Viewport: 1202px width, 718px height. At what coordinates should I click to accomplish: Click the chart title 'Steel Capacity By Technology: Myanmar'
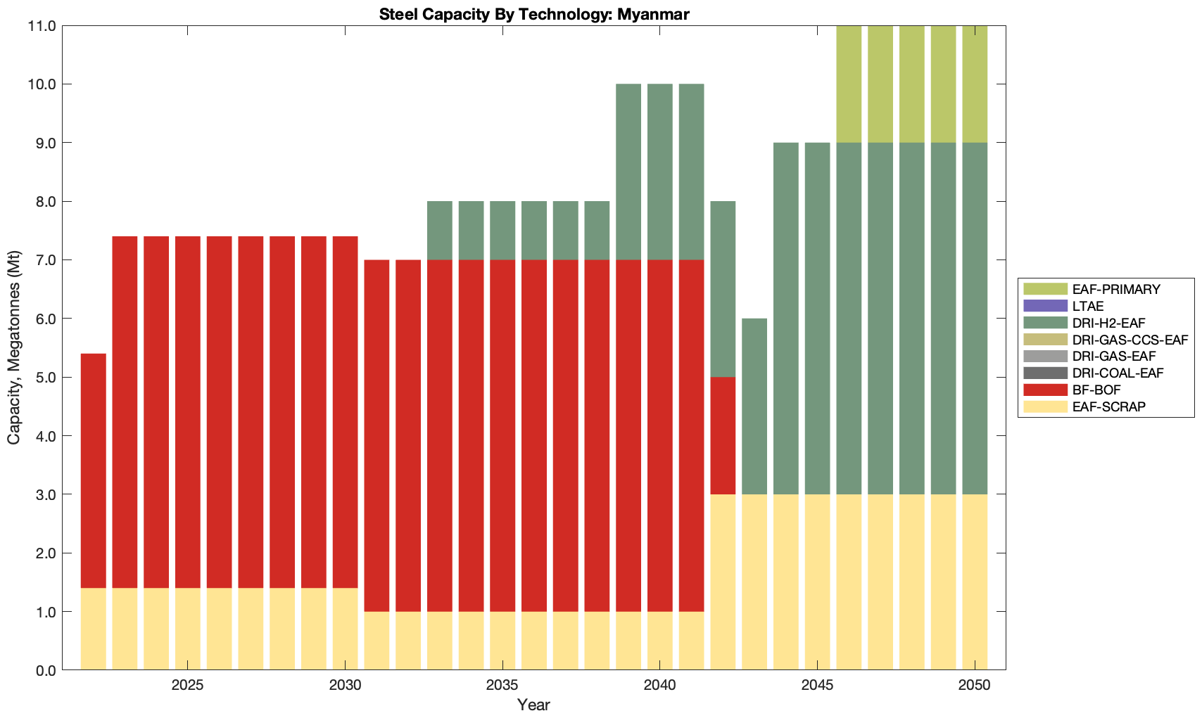pyautogui.click(x=533, y=14)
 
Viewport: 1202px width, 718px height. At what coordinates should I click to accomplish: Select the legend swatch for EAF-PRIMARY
pyautogui.click(x=1044, y=289)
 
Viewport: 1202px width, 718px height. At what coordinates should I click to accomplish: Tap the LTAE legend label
pyautogui.click(x=1088, y=306)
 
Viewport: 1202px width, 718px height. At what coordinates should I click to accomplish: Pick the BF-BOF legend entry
pyautogui.click(x=1096, y=390)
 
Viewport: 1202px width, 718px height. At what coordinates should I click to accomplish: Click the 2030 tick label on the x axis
pyautogui.click(x=345, y=686)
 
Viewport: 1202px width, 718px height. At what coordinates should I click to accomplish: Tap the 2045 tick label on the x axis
pyautogui.click(x=817, y=686)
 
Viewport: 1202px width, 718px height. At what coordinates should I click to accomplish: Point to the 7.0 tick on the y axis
pyautogui.click(x=46, y=260)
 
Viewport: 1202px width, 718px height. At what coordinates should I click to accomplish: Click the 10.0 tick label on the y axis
pyautogui.click(x=44, y=84)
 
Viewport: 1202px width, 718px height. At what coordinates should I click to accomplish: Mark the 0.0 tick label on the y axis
pyautogui.click(x=46, y=670)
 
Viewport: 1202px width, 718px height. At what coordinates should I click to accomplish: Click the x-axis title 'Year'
pyautogui.click(x=533, y=705)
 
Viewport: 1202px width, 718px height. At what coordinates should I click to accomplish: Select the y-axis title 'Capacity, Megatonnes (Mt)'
pyautogui.click(x=14, y=347)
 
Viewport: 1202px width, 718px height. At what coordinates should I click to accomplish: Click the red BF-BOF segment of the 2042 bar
pyautogui.click(x=723, y=435)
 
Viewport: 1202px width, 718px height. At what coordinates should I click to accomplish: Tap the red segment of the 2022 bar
pyautogui.click(x=94, y=470)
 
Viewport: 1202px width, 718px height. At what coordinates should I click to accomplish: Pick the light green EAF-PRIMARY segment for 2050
pyautogui.click(x=975, y=84)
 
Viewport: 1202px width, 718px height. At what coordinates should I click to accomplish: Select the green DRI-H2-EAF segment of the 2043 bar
pyautogui.click(x=754, y=406)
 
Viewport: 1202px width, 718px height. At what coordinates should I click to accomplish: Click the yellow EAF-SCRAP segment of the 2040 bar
pyautogui.click(x=660, y=641)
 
